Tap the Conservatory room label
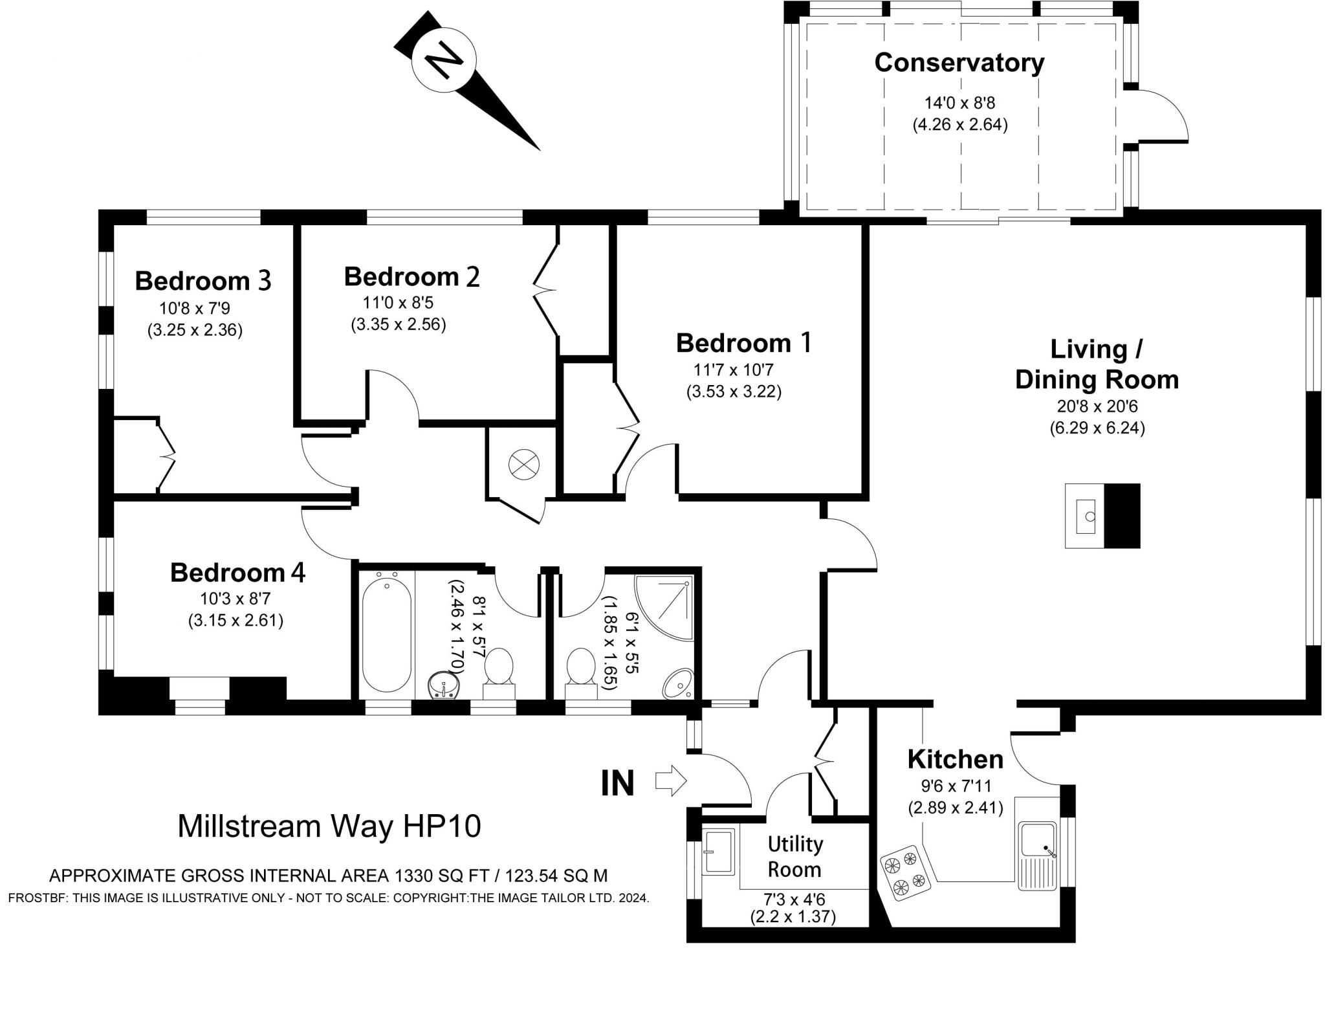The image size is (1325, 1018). (x=959, y=63)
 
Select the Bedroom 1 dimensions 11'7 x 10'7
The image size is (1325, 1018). (x=733, y=370)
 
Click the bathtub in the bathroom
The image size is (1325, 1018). (x=386, y=634)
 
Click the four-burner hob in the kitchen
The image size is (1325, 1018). (x=904, y=876)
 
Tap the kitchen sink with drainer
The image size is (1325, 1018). (x=1037, y=855)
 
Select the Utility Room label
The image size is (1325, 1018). (x=794, y=856)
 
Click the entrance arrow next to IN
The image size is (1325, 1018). (x=670, y=780)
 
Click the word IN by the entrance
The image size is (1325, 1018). (x=618, y=783)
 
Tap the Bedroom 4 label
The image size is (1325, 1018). (x=237, y=573)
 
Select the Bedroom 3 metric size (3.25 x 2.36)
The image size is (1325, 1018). (x=195, y=330)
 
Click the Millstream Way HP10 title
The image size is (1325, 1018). (x=329, y=826)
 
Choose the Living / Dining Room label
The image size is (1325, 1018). (x=1097, y=364)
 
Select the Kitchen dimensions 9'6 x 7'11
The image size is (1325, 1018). (x=956, y=786)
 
